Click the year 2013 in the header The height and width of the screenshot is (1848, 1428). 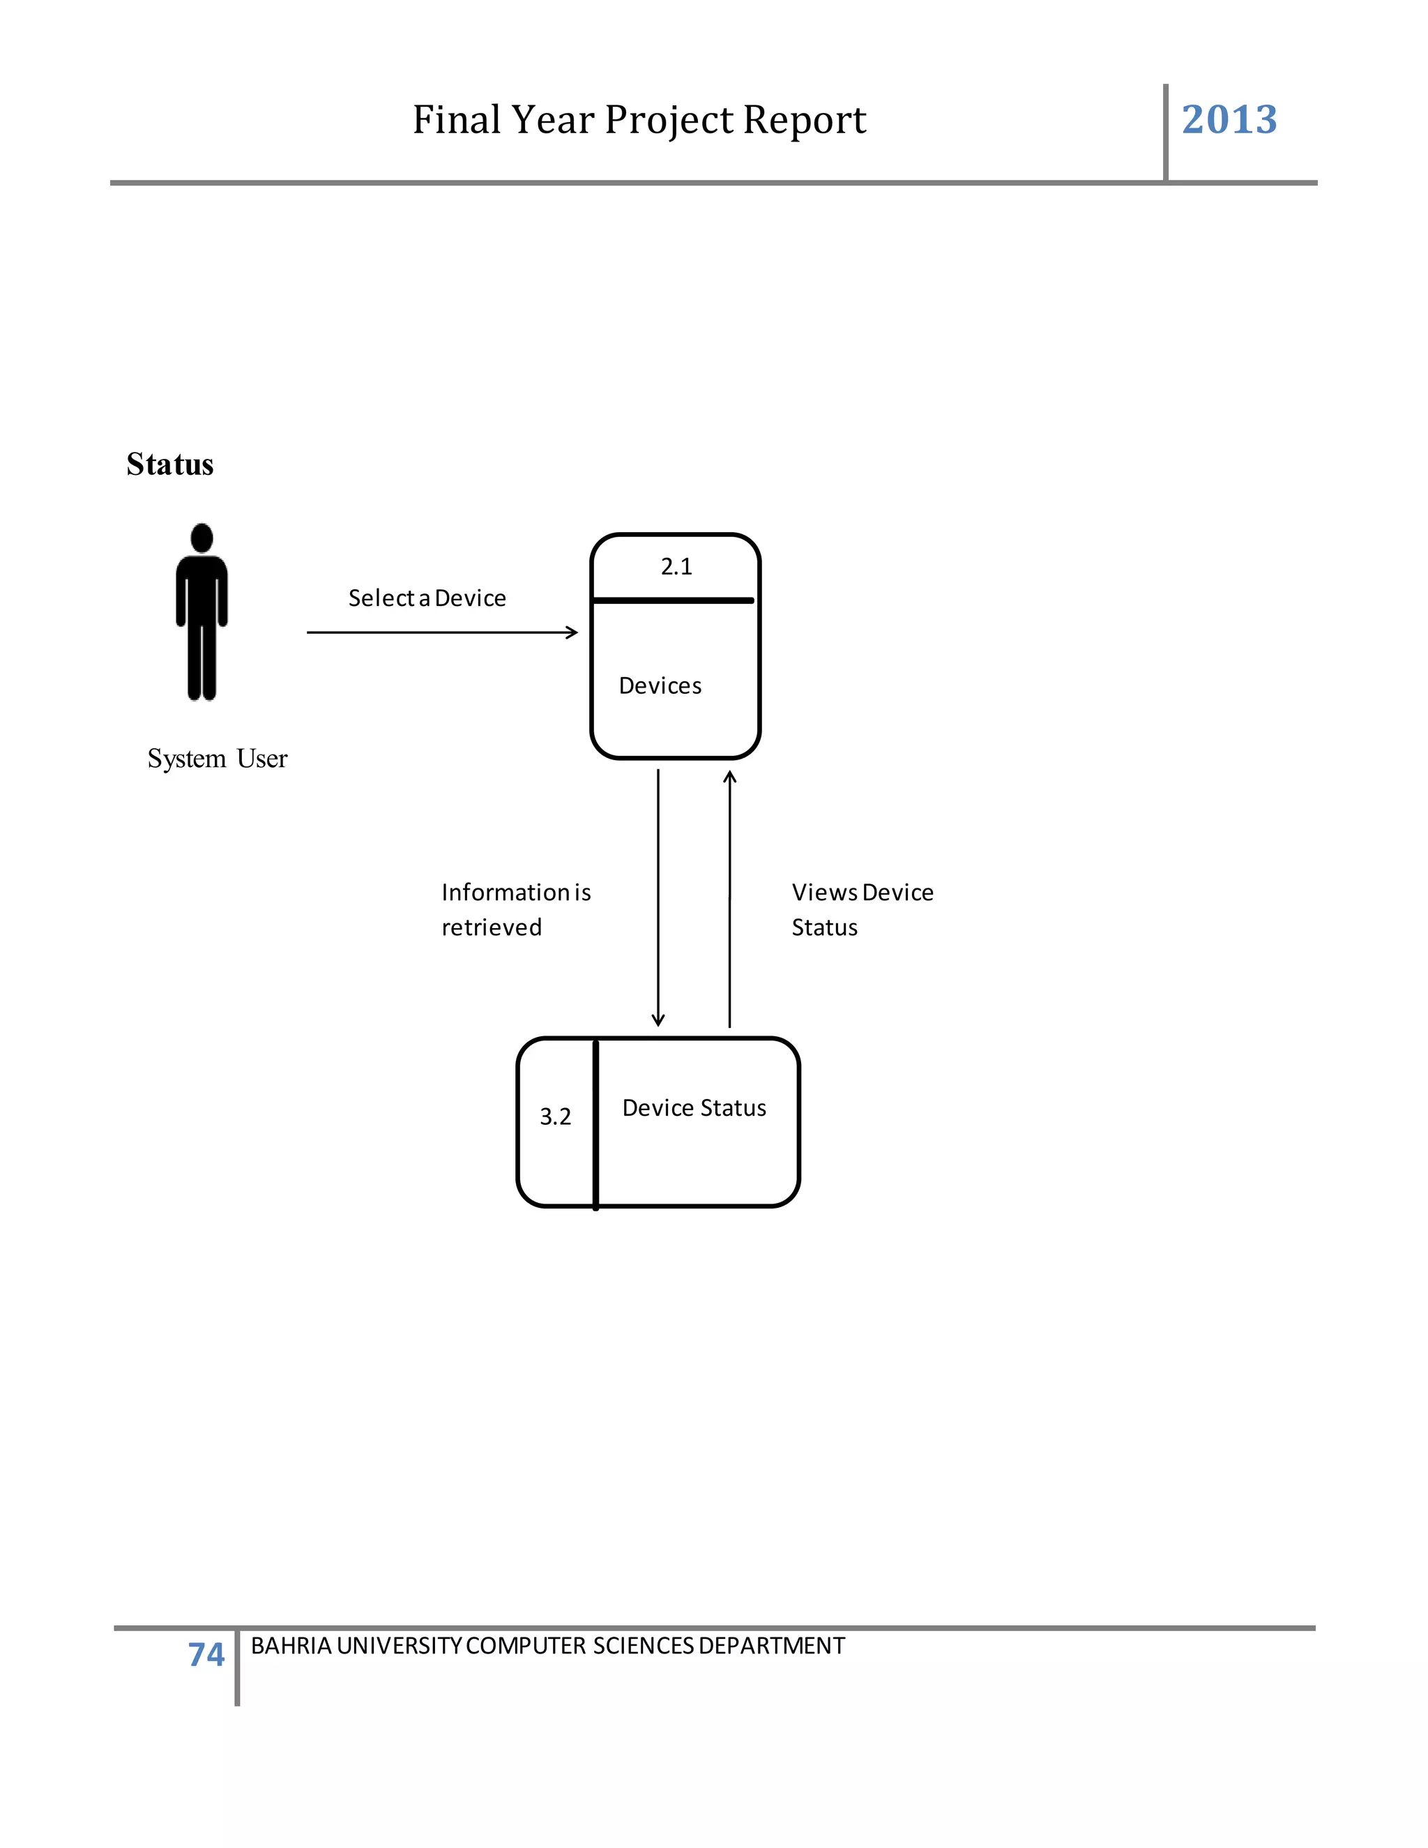[x=1229, y=119]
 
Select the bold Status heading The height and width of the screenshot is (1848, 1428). [x=170, y=464]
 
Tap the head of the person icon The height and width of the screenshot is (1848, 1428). [x=202, y=538]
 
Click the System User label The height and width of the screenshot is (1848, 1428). [x=218, y=758]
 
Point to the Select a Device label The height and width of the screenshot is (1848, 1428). [x=427, y=598]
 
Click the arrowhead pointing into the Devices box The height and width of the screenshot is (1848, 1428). [x=572, y=632]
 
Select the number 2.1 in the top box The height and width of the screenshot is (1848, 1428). [x=676, y=567]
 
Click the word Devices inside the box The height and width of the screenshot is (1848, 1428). [x=660, y=686]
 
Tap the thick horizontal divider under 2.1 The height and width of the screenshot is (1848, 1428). [x=674, y=600]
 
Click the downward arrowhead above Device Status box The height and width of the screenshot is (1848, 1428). [x=658, y=1020]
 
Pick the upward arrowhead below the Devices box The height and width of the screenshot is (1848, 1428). [x=729, y=776]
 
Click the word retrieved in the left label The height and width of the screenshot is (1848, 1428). [x=492, y=927]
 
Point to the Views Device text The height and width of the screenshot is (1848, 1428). [x=862, y=893]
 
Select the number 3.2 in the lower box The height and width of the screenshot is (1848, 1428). [x=555, y=1117]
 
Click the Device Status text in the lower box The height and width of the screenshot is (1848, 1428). [x=694, y=1109]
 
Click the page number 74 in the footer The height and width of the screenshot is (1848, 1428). [x=206, y=1654]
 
